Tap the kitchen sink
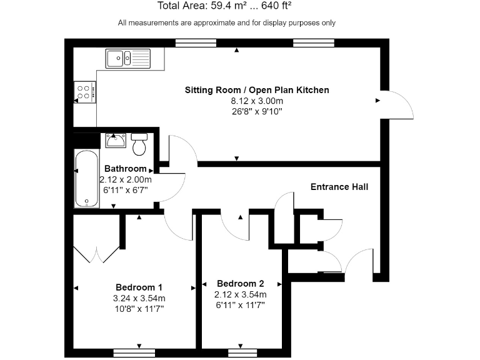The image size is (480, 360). point(127,58)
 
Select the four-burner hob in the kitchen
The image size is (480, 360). point(84,92)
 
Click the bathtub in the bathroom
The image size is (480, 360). point(86,179)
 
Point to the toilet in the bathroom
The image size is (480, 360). point(139,144)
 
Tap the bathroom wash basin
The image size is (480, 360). point(116,141)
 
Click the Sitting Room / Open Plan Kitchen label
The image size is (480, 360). point(256,90)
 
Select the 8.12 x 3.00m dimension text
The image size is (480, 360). point(256,101)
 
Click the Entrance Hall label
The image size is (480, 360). point(339,187)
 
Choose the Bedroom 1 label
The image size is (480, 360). point(135,287)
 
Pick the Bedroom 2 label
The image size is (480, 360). point(240,283)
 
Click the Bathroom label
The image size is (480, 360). point(125,169)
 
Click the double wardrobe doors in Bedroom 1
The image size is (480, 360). point(96,254)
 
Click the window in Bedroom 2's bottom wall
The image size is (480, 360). point(240,352)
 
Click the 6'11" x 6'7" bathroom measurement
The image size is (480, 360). point(124,189)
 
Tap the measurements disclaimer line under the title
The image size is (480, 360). point(226,23)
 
